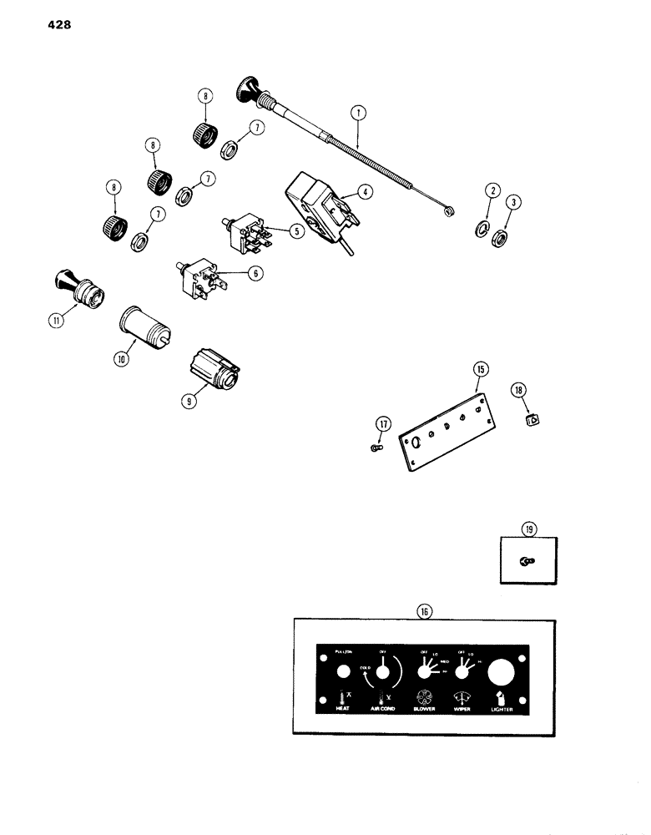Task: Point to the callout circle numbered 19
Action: pos(529,528)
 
